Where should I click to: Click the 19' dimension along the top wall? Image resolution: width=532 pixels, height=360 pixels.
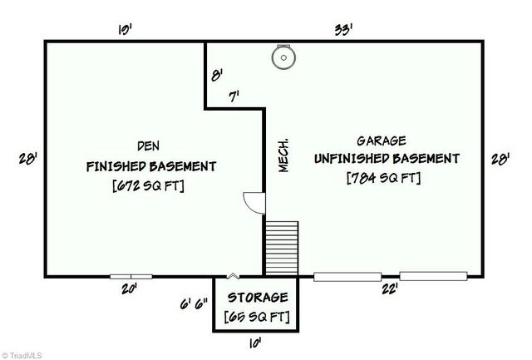pos(126,29)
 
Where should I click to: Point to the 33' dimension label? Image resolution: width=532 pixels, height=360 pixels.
pos(342,29)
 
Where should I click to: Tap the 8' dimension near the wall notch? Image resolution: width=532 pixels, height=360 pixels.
pos(217,75)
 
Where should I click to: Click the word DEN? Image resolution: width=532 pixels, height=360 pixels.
pos(150,141)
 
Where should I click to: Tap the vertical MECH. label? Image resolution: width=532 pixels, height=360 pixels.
pos(283,155)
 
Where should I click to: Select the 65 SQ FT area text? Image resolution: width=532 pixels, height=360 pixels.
pos(256,316)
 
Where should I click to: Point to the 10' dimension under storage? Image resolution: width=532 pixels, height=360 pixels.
pos(256,342)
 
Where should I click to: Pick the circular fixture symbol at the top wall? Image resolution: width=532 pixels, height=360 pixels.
pos(284,57)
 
